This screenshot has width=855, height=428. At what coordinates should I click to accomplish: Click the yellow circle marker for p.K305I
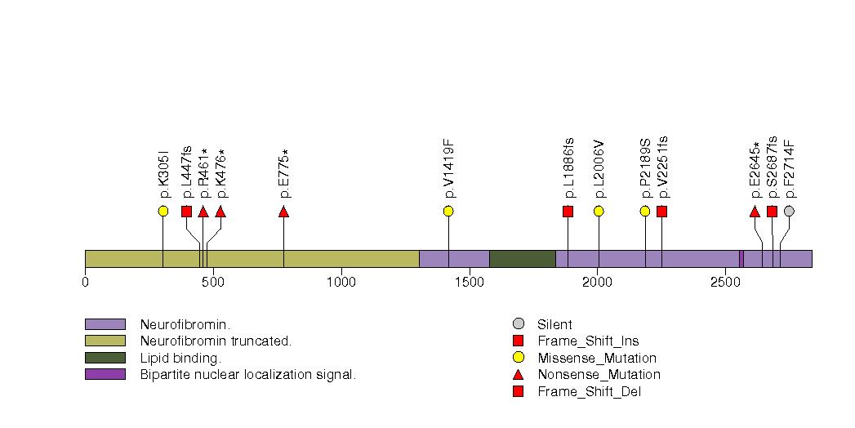pos(163,212)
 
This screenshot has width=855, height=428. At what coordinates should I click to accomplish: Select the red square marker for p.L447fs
pos(186,212)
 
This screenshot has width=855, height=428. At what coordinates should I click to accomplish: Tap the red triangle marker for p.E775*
pos(283,212)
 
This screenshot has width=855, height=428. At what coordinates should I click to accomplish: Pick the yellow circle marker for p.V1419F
pos(448,212)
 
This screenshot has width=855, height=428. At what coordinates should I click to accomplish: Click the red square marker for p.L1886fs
pos(568,212)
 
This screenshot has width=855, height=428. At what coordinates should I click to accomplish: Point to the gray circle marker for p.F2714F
pos(789,212)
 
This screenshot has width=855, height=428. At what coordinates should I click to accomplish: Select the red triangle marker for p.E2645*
pos(755,212)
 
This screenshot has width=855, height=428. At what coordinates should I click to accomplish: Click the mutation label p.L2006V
pos(599,169)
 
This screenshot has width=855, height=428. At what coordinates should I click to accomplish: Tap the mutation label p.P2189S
pos(645,169)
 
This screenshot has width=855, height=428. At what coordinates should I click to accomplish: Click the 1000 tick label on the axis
pos(341,283)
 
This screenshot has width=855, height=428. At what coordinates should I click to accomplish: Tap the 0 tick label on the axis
pos(85,283)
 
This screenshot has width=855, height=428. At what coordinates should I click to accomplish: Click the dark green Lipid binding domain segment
pos(522,258)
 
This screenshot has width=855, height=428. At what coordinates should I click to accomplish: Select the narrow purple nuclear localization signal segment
pos(741,258)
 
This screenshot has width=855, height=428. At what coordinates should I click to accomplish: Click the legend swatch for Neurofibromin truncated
pos(105,341)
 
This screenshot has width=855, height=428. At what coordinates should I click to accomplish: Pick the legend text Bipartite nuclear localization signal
pos(248,374)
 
